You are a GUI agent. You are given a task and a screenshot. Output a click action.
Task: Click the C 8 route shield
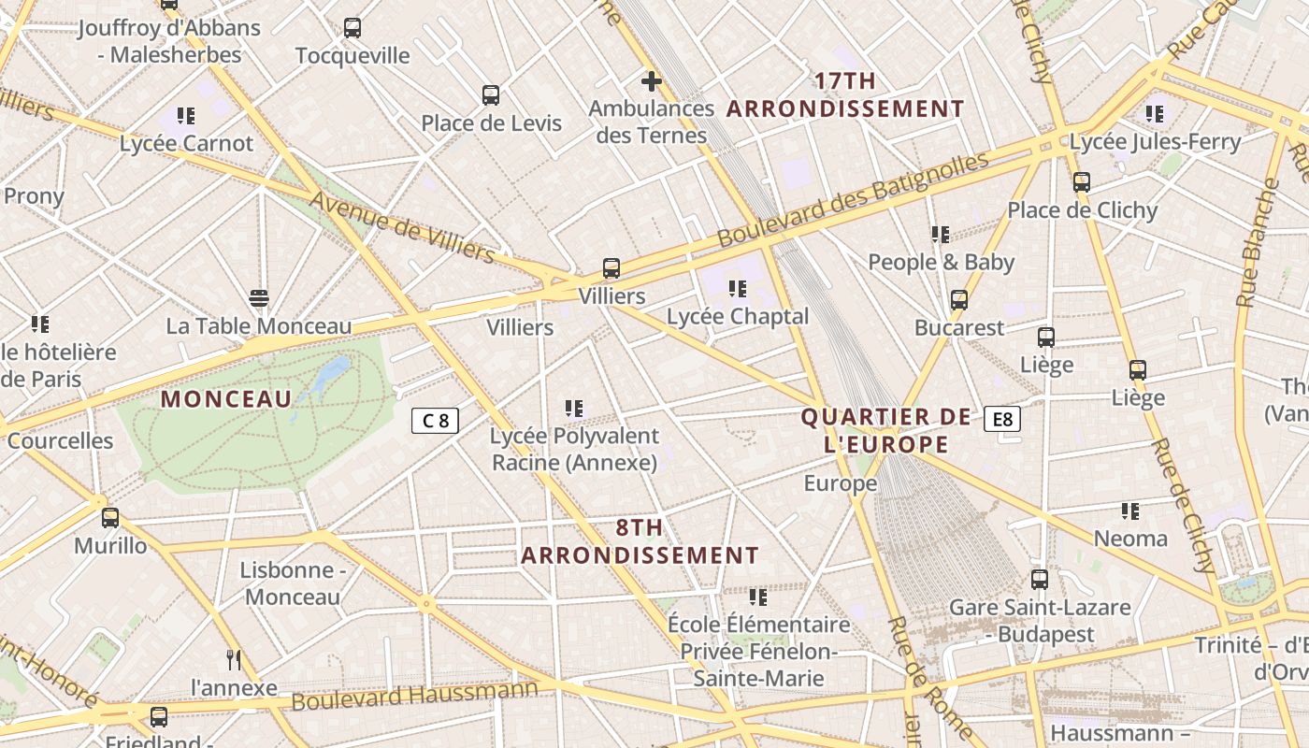tap(436, 421)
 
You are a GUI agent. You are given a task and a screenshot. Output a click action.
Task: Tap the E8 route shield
tap(1002, 419)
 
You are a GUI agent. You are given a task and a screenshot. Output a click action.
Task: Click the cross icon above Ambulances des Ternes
tap(652, 81)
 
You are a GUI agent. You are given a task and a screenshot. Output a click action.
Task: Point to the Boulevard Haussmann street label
tap(414, 696)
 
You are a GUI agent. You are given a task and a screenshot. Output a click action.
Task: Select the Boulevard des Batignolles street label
tap(853, 201)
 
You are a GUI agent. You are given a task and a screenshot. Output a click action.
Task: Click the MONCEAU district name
tap(226, 399)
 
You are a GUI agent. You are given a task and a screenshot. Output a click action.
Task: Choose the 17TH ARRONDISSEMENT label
tap(845, 95)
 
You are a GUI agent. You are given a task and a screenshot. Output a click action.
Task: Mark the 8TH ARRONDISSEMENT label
tap(640, 541)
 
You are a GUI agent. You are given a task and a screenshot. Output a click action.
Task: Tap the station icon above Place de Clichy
tap(1082, 182)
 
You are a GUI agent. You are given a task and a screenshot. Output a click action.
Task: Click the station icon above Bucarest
tap(959, 300)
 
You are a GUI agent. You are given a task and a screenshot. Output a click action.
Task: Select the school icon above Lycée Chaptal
tap(738, 289)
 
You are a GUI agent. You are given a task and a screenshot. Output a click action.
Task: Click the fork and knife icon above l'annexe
tap(234, 660)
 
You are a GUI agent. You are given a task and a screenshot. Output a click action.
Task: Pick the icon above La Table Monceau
tap(259, 298)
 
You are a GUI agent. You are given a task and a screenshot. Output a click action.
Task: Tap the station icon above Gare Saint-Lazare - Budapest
tap(1040, 580)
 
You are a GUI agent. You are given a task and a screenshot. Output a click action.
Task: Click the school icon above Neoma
tap(1130, 511)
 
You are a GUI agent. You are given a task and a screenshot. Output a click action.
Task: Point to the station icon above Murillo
tap(110, 518)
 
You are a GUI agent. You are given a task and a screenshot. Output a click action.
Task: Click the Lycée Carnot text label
tap(186, 144)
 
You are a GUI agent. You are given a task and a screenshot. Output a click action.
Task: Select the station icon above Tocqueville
tap(352, 28)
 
